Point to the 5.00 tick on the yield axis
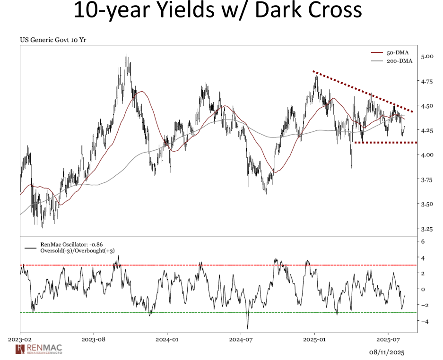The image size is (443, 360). point(427,56)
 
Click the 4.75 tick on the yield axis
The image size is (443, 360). point(427,81)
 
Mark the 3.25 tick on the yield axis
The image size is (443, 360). point(427,229)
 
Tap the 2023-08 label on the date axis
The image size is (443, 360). point(93,339)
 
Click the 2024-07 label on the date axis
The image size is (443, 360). point(241,339)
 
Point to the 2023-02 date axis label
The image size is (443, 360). point(20,339)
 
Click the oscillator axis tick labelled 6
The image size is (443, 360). point(424,241)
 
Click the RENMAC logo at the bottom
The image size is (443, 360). point(39,350)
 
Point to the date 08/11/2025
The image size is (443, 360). point(387,352)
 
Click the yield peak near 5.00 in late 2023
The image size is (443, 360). point(127,57)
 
